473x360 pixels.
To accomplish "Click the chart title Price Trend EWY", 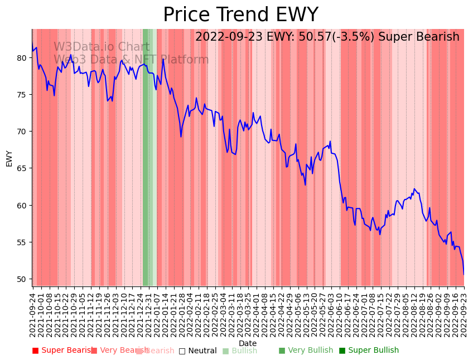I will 240,15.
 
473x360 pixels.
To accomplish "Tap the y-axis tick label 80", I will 22,57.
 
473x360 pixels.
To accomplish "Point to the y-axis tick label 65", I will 22,168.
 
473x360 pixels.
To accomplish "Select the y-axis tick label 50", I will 22,279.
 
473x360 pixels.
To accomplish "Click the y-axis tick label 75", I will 22,95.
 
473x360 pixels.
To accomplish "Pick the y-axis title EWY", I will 9,158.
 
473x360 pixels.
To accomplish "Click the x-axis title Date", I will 248,343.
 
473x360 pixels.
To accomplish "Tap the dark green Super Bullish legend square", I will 342,351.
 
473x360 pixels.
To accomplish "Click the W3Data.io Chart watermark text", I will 102,47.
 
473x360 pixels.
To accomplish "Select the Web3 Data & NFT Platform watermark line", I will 131,60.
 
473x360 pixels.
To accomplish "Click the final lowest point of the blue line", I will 464,274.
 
